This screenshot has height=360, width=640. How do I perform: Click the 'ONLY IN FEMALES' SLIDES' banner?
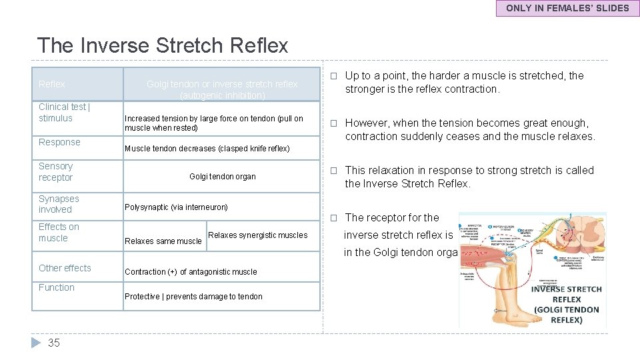click(x=567, y=8)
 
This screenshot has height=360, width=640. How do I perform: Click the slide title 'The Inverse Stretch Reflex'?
click(x=163, y=45)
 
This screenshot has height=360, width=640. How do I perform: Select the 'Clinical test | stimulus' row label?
click(x=65, y=113)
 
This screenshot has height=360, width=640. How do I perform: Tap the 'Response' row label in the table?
click(x=59, y=142)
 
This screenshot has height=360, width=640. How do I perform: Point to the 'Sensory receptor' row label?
click(x=56, y=172)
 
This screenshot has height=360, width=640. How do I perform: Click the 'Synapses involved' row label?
click(x=59, y=204)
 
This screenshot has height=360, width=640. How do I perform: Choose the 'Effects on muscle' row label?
click(x=59, y=233)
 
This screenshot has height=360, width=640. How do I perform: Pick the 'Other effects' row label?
click(x=65, y=268)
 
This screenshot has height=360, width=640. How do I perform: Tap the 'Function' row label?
click(x=57, y=287)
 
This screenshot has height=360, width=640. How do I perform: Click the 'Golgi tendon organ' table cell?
click(x=222, y=177)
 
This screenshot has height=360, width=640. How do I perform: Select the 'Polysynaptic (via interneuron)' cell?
click(x=176, y=207)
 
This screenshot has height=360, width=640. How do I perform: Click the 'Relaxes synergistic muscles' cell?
click(x=258, y=235)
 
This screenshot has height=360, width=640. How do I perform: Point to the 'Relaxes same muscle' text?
click(x=163, y=241)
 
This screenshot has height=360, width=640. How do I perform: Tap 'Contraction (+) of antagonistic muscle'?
click(x=191, y=272)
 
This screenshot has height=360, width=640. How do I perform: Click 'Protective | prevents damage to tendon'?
click(x=193, y=297)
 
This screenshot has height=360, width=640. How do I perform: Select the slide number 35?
click(x=54, y=343)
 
